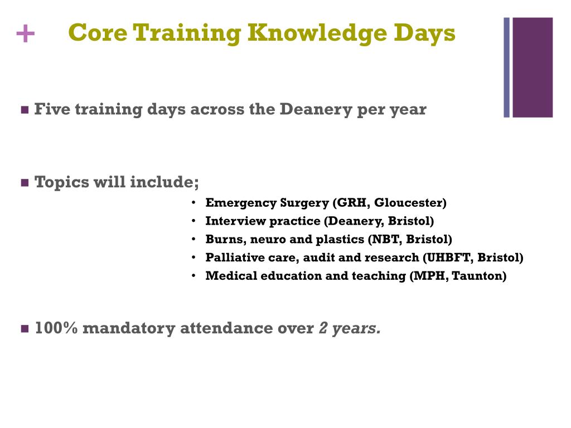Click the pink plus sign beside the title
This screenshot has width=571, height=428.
click(x=25, y=35)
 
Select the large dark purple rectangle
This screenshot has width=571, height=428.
click(x=533, y=67)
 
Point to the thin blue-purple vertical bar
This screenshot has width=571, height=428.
click(x=507, y=67)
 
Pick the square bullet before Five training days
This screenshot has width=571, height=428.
click(x=25, y=110)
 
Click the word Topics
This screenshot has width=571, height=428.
click(x=60, y=183)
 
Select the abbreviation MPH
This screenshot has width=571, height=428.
click(x=428, y=276)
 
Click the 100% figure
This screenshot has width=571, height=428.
click(x=56, y=329)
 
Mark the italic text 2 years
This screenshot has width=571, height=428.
click(x=350, y=329)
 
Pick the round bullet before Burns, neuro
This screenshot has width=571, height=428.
click(x=193, y=240)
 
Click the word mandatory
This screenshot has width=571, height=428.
click(x=129, y=329)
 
